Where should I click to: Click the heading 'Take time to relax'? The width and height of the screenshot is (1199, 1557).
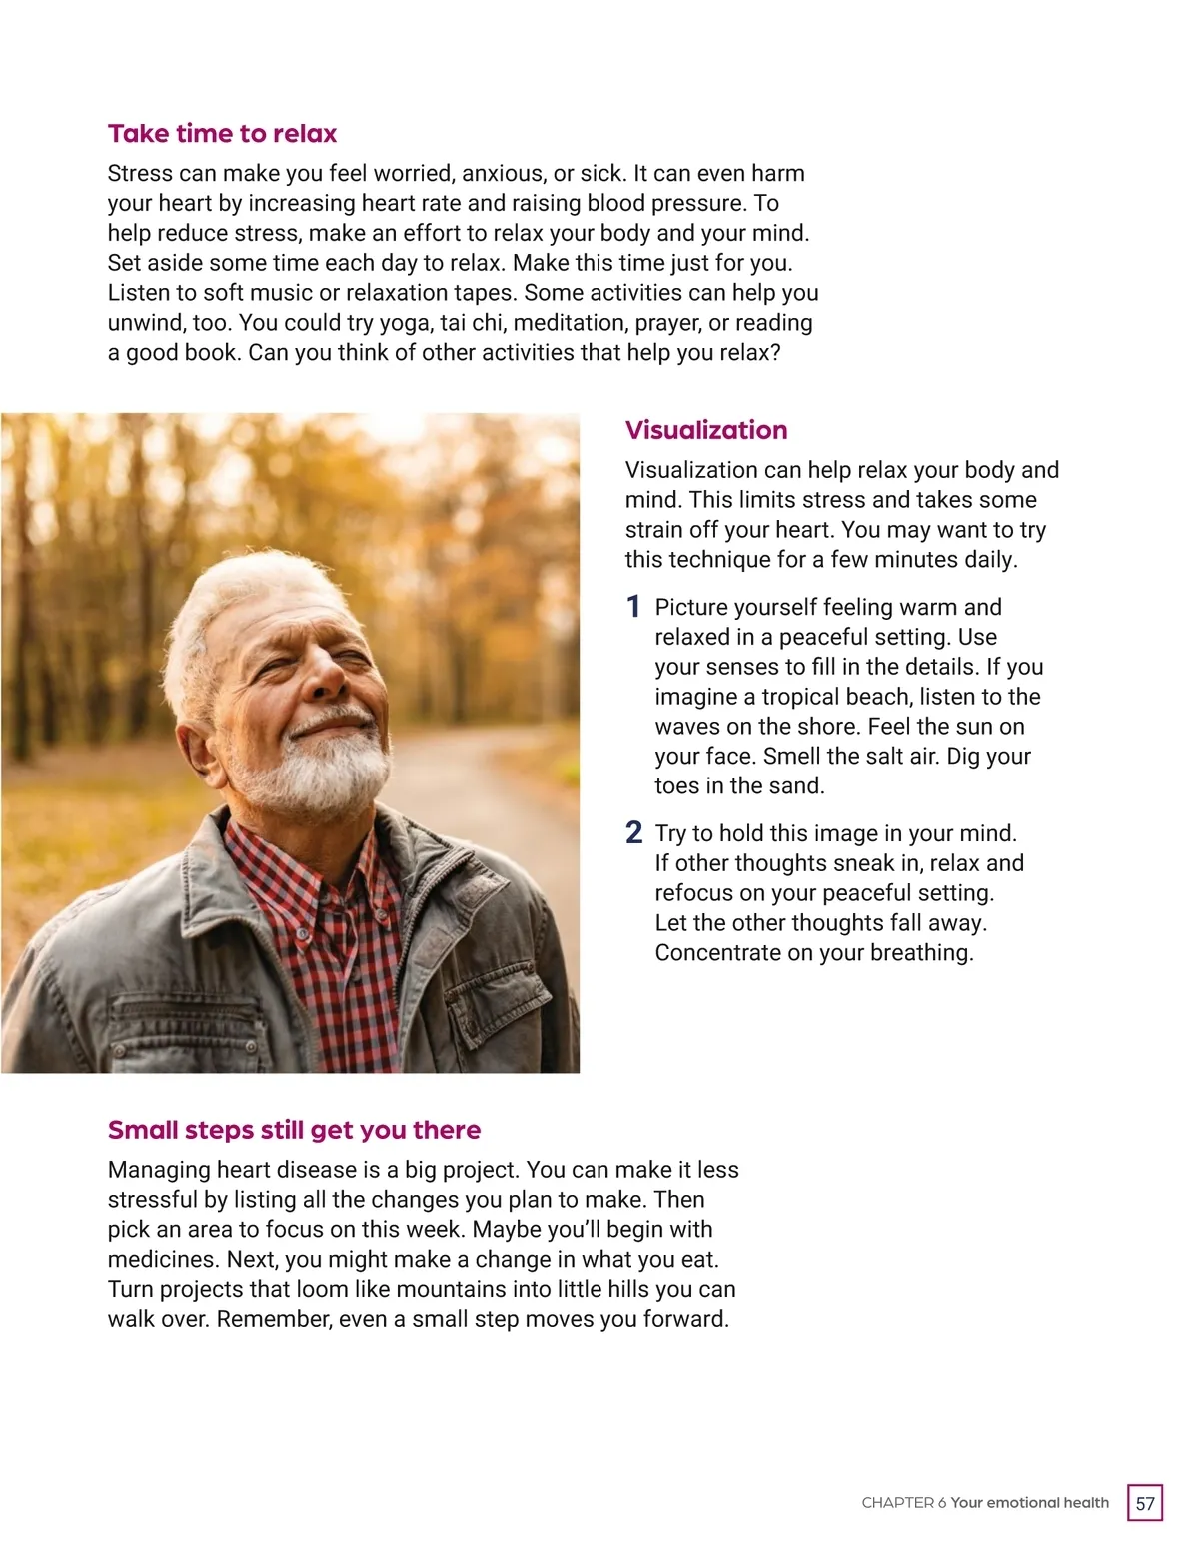[222, 134]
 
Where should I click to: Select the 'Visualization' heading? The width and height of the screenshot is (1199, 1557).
[706, 430]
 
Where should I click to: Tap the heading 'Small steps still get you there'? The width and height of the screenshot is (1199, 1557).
[294, 1130]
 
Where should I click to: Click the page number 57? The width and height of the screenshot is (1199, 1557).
[1145, 1503]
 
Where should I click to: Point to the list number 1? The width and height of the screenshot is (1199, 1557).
[633, 607]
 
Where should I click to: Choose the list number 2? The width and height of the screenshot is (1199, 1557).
[633, 833]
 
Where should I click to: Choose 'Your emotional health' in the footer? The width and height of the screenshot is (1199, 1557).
[1030, 1503]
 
